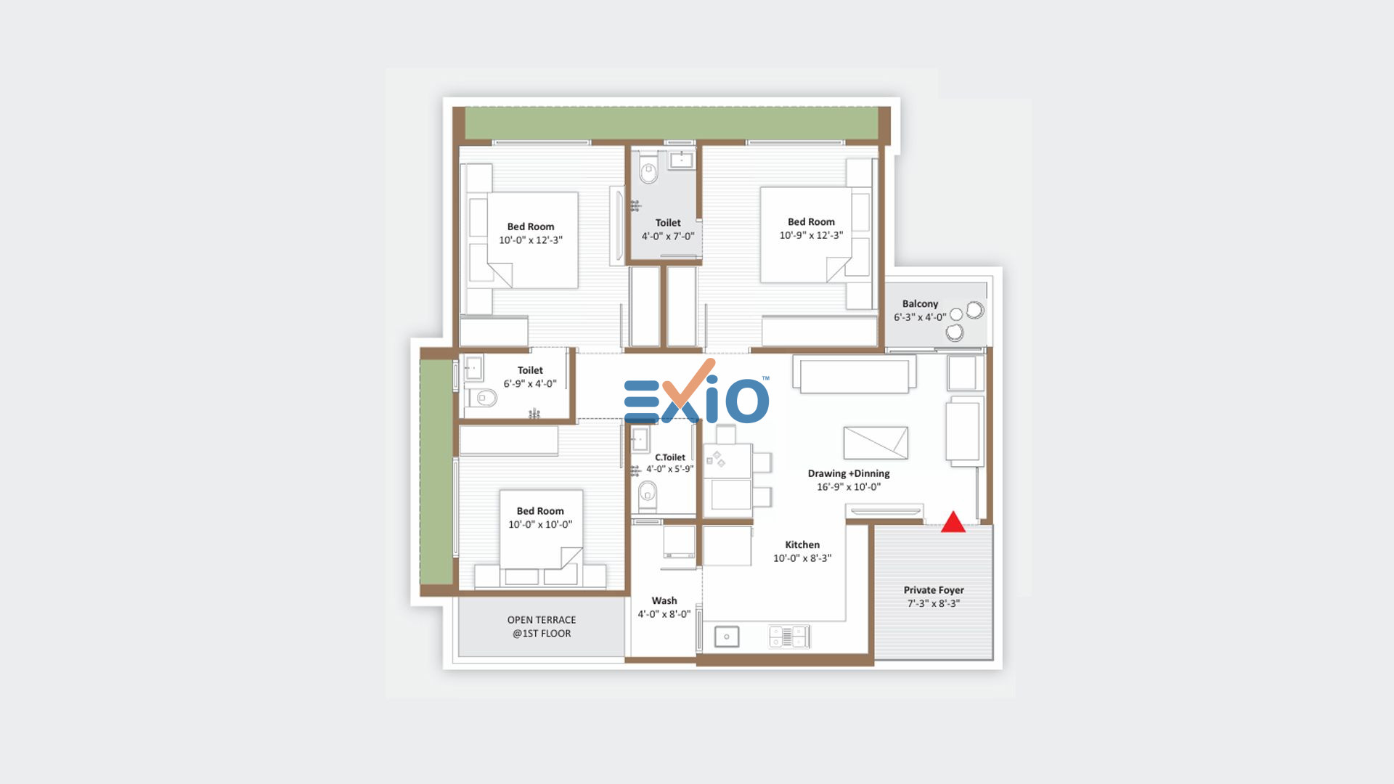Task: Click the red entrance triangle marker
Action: pyautogui.click(x=953, y=522)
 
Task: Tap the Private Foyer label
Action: pyautogui.click(x=934, y=590)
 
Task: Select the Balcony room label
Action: pyautogui.click(x=920, y=303)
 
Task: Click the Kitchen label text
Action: pyautogui.click(x=802, y=544)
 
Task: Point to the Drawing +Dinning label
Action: pyautogui.click(x=849, y=473)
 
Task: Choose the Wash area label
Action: pyautogui.click(x=664, y=600)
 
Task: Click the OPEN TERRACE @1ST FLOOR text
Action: pyautogui.click(x=542, y=626)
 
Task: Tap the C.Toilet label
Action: pyautogui.click(x=670, y=457)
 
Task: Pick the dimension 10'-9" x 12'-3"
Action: pyautogui.click(x=811, y=235)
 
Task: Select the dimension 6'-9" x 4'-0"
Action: pyautogui.click(x=530, y=383)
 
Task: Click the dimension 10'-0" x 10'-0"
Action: pyautogui.click(x=540, y=524)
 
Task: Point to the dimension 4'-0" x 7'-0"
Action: pyautogui.click(x=668, y=236)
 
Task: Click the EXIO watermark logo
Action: pyautogui.click(x=696, y=393)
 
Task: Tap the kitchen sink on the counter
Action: pyautogui.click(x=727, y=637)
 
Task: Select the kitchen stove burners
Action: pyautogui.click(x=788, y=637)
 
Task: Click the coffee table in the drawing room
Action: pyautogui.click(x=876, y=443)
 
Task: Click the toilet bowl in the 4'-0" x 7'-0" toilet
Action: pyautogui.click(x=648, y=171)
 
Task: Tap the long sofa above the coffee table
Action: pyautogui.click(x=855, y=375)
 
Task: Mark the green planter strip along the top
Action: pyautogui.click(x=672, y=123)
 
